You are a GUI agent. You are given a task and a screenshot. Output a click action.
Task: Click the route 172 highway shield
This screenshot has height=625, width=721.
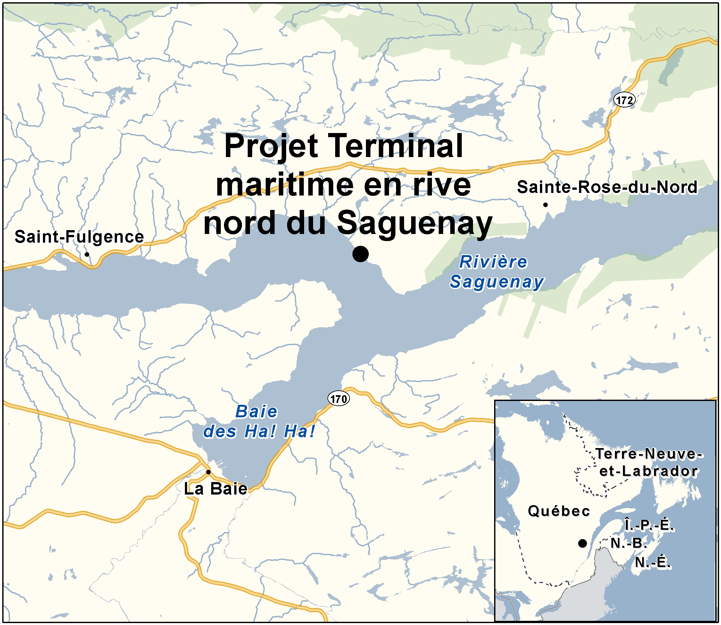click(624, 100)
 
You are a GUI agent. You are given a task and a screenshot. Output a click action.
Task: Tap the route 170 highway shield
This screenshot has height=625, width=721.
click(338, 399)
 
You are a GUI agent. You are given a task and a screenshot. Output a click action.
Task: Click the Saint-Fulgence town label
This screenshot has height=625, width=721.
click(79, 237)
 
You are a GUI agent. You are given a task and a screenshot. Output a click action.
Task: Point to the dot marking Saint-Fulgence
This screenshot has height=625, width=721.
click(87, 254)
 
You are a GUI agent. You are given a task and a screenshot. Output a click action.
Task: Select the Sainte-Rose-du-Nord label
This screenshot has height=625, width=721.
click(607, 187)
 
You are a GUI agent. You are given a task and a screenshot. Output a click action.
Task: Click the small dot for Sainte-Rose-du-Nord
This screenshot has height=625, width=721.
click(545, 205)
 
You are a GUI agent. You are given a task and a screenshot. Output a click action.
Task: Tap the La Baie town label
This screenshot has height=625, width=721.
click(215, 489)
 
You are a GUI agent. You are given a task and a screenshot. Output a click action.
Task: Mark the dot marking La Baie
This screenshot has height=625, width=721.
click(208, 472)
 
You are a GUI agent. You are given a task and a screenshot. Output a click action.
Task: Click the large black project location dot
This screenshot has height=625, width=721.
click(360, 254)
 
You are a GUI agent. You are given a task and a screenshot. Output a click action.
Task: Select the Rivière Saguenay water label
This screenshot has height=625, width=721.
click(496, 272)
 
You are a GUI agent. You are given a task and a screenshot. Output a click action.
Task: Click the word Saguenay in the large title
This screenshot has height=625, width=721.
click(415, 224)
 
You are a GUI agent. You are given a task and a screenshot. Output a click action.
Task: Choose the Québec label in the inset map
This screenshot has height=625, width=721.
click(559, 511)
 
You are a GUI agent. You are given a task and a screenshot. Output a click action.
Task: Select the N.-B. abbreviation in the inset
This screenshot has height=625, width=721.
click(629, 543)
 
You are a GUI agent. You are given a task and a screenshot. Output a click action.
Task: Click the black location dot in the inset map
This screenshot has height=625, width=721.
click(582, 543)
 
